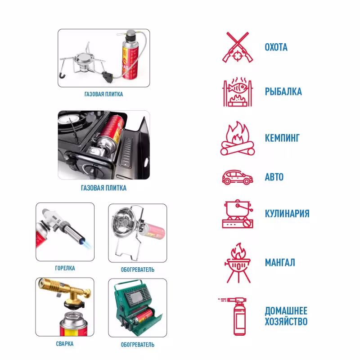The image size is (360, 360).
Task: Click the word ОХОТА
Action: [276, 47]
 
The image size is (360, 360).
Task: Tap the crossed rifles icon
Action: [238, 47]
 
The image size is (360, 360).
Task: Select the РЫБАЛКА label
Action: [283, 92]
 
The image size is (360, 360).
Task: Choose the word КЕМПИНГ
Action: [282, 138]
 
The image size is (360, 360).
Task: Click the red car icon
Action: [238, 177]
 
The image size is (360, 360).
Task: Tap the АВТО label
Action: [274, 177]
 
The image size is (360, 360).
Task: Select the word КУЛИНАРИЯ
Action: [287, 213]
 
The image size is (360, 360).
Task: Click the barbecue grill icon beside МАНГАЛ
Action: [238, 263]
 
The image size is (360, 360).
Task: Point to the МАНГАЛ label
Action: [280, 262]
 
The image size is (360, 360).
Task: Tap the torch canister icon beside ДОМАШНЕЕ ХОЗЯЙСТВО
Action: [234, 316]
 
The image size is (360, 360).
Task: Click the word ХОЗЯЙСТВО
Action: [286, 321]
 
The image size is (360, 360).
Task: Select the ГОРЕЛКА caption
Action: [65, 268]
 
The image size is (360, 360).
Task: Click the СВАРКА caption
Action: [65, 344]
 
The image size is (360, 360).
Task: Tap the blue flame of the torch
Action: [85, 243]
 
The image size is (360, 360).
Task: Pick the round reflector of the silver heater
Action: [122, 221]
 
